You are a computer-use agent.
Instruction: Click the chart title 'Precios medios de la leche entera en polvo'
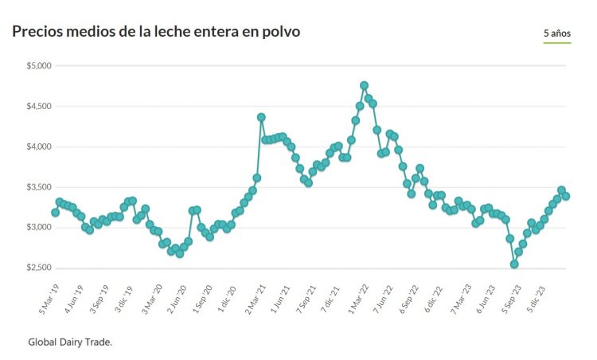click(x=156, y=32)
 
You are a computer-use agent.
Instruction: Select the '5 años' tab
click(x=556, y=33)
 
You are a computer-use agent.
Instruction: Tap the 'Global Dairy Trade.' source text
click(x=70, y=342)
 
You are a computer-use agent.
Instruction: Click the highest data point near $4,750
click(x=364, y=85)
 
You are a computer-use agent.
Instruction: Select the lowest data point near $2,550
click(x=514, y=264)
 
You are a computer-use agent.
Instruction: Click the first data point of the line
click(x=55, y=213)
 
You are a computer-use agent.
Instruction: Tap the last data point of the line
click(x=566, y=196)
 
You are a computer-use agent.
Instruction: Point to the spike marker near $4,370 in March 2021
click(x=261, y=117)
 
